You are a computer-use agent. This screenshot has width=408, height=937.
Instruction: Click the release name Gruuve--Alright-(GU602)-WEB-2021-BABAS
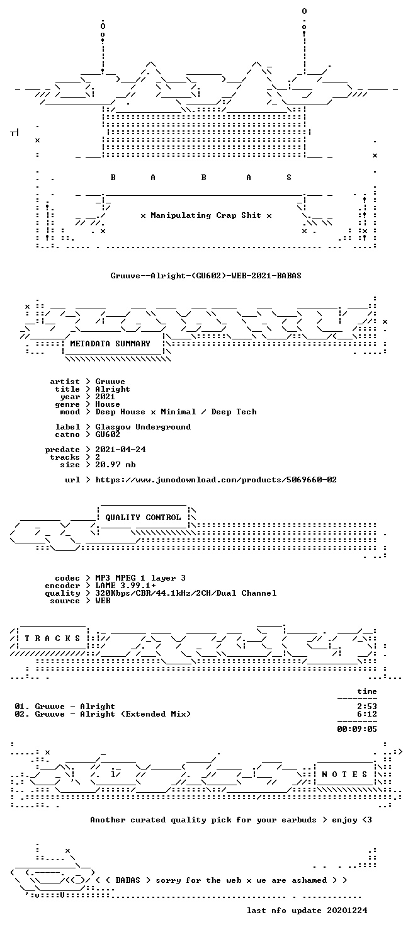(206, 276)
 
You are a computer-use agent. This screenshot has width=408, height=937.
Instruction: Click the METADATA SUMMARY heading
(110, 343)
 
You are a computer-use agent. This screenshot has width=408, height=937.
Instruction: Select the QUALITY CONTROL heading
(143, 518)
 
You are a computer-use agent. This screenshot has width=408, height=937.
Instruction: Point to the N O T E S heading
(344, 775)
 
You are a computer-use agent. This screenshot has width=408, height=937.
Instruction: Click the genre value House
(108, 404)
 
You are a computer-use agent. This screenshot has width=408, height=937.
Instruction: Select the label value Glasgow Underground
(143, 427)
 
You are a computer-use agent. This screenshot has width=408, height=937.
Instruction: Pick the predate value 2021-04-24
(120, 449)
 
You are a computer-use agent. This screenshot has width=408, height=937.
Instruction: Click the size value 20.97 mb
(115, 464)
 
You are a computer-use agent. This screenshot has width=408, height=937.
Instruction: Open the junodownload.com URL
(216, 479)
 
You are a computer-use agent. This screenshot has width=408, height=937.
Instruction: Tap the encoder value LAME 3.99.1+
(125, 585)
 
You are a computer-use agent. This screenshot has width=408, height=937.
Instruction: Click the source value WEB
(103, 600)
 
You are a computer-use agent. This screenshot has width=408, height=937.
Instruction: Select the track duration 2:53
(367, 706)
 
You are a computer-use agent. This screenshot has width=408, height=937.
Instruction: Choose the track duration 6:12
(367, 713)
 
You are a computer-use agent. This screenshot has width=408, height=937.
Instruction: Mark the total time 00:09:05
(357, 729)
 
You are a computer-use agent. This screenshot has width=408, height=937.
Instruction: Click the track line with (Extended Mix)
(103, 713)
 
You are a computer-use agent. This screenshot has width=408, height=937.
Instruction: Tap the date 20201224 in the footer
(348, 910)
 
